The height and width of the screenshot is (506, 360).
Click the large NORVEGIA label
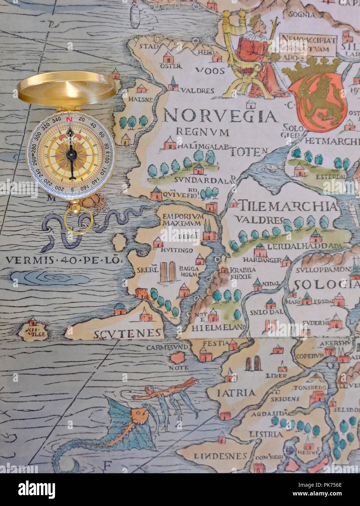click(x=220, y=116)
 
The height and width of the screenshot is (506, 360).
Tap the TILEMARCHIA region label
click(x=287, y=206)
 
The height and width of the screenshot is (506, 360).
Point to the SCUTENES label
click(x=127, y=333)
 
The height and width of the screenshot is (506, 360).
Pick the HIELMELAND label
click(x=217, y=327)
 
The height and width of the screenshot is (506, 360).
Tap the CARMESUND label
click(x=167, y=347)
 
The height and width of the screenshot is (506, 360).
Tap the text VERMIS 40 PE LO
click(x=63, y=260)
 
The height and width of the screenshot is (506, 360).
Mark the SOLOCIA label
click(x=326, y=284)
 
